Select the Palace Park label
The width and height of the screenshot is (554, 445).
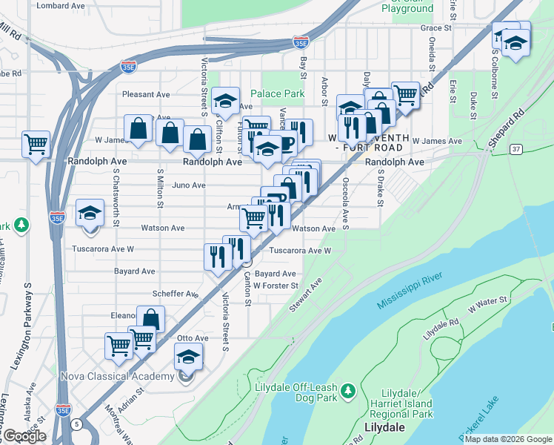277,94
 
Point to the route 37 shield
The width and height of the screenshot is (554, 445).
515,149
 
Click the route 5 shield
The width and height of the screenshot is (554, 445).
77,424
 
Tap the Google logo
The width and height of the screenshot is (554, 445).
25,436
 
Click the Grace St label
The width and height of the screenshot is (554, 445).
435,28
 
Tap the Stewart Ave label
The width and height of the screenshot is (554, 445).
306,294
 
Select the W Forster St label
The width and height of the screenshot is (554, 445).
276,286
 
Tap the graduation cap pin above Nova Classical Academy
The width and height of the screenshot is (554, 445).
189,356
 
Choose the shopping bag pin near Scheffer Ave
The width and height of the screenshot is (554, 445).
150,319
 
